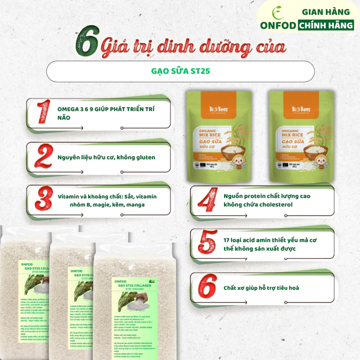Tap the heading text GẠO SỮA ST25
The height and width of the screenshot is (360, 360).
pyautogui.click(x=180, y=71)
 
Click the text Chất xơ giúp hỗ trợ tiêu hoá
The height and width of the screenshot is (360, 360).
pyautogui.click(x=261, y=288)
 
